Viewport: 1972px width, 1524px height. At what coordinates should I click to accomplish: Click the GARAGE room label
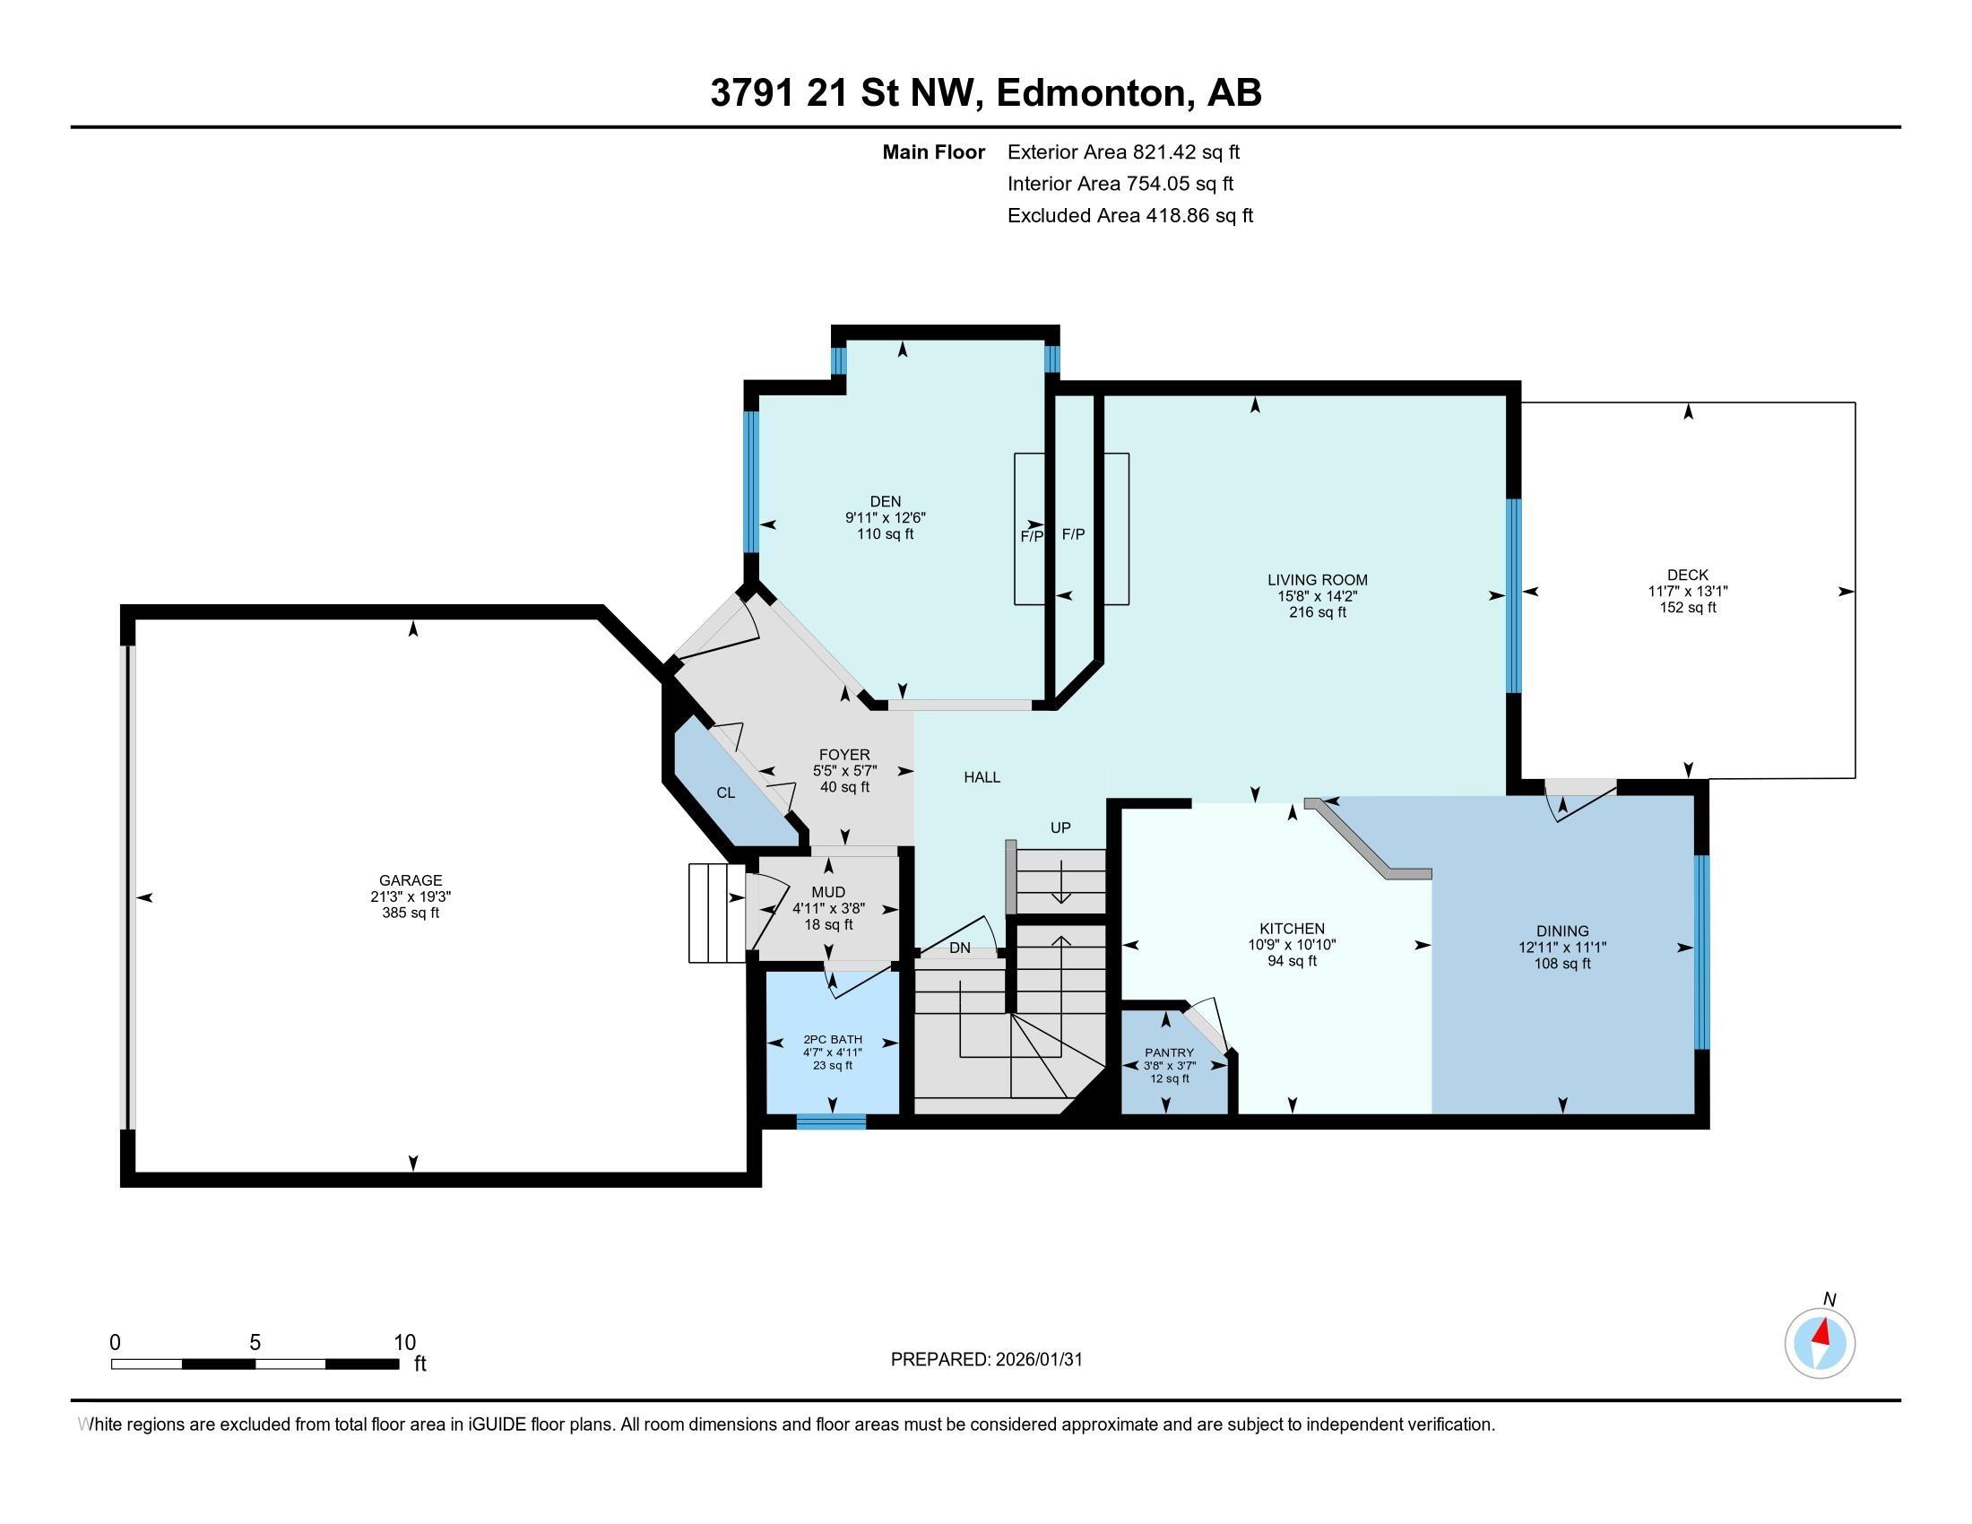tap(411, 880)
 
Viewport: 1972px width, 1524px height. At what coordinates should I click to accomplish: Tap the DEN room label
tap(885, 502)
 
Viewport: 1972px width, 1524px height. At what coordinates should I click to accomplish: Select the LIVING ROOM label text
tap(1318, 581)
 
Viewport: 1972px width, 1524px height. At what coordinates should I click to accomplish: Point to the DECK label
tap(1688, 576)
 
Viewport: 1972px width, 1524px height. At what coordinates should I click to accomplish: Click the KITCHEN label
tap(1292, 929)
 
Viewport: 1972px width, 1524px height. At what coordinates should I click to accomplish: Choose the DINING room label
tap(1563, 931)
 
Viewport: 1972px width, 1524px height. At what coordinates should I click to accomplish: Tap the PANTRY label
tap(1169, 1052)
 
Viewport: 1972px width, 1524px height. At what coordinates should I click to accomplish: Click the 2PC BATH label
tap(833, 1039)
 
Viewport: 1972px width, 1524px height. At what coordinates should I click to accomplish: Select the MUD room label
tap(828, 893)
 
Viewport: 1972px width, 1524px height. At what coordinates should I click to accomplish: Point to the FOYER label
tap(844, 755)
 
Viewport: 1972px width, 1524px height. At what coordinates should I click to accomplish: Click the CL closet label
tap(726, 792)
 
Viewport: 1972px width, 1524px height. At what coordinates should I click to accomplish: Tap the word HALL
tap(982, 777)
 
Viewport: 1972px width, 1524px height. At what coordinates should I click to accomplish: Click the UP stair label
tap(1060, 827)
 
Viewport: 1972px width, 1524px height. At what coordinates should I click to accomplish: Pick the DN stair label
tap(960, 948)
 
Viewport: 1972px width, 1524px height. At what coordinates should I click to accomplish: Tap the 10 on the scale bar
tap(404, 1343)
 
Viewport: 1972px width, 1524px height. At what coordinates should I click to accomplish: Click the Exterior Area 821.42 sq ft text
tap(1123, 152)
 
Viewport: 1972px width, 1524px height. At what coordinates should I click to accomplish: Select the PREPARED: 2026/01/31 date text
tap(986, 1360)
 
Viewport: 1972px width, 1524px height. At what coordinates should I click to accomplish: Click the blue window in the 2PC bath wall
tap(831, 1122)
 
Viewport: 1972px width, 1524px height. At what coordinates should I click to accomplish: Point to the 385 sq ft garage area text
tap(411, 913)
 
